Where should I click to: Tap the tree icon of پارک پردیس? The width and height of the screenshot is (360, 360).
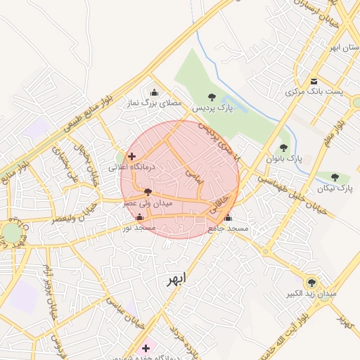tap(212, 97)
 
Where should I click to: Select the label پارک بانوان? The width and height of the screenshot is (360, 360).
tap(284, 159)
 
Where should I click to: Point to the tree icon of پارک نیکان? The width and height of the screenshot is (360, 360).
tap(335, 176)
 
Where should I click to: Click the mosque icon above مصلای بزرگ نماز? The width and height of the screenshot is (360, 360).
tap(155, 92)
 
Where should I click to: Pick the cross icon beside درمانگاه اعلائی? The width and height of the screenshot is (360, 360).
tap(131, 156)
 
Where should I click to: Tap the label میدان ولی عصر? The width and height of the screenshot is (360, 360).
tap(148, 202)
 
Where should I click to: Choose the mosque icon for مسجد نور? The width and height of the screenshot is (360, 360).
tap(139, 217)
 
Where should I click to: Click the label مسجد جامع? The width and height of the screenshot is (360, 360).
tap(229, 229)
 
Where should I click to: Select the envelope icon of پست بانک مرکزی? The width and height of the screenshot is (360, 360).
tap(314, 81)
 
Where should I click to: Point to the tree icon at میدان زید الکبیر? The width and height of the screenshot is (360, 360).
tap(310, 281)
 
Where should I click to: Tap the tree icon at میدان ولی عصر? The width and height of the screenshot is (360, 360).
tap(148, 191)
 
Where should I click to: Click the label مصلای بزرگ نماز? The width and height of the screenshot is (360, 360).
tap(153, 103)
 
